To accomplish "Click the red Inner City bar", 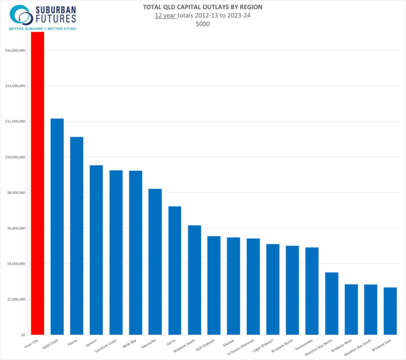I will [x=38, y=183].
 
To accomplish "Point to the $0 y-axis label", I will [x=22, y=335].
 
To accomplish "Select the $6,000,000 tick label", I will [x=16, y=228].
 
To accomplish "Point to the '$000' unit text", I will [x=203, y=24].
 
